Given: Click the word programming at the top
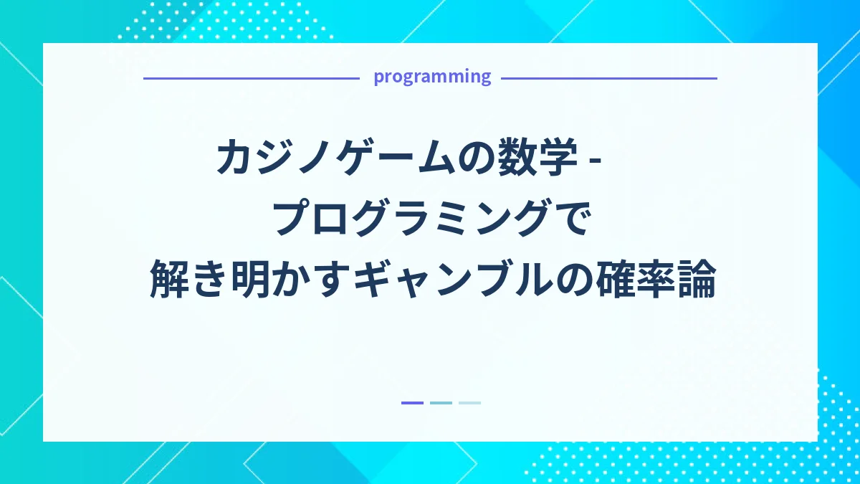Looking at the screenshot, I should (432, 77).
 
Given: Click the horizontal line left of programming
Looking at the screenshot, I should (251, 78).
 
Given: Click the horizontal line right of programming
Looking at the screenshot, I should (609, 78).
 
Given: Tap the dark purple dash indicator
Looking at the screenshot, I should (412, 403).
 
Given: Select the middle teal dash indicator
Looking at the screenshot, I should (441, 403).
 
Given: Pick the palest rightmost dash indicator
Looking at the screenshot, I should (469, 403).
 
